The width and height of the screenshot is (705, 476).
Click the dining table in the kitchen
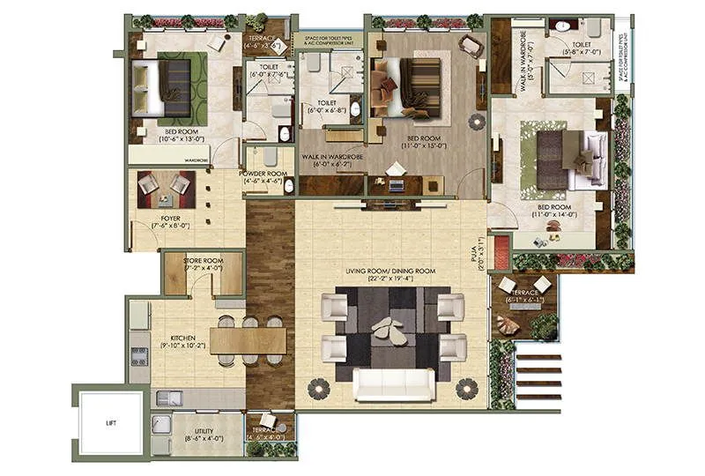coord(249,340)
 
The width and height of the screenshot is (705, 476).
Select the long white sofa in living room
coord(394,384)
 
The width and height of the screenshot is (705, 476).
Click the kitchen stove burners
coord(138,355)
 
